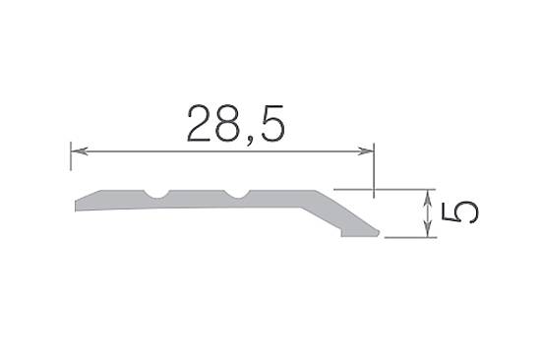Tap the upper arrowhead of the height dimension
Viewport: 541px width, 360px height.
point(429,195)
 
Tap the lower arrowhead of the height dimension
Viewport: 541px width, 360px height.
point(429,231)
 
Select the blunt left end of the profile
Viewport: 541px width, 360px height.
point(77,206)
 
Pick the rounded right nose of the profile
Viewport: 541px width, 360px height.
point(377,231)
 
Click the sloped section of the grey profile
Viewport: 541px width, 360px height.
point(334,209)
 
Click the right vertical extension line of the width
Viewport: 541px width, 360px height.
point(375,167)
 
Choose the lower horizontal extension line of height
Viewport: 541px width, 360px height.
point(408,237)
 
